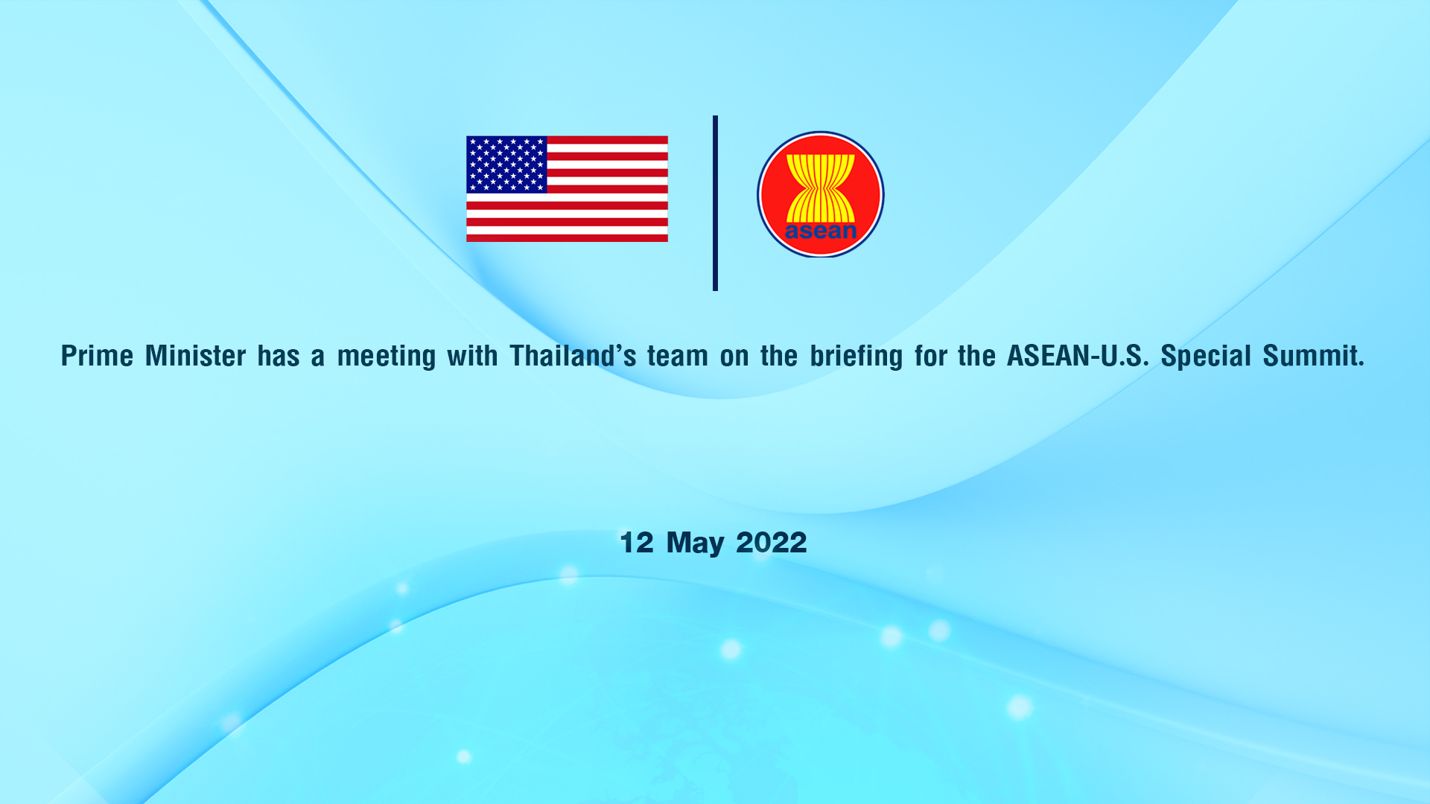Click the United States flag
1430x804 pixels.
(567, 188)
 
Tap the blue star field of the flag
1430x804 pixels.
(506, 165)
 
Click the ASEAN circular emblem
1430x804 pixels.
(821, 194)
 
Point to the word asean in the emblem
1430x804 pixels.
(821, 231)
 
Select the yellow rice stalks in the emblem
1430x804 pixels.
(821, 188)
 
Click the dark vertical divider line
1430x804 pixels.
(715, 202)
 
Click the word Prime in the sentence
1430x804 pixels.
(97, 356)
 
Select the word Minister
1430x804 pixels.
(195, 356)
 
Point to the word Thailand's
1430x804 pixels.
(573, 356)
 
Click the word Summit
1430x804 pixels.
(1313, 356)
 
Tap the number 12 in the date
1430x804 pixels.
(637, 543)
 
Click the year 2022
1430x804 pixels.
(772, 543)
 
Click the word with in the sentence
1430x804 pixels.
(472, 356)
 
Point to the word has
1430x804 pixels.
(279, 356)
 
